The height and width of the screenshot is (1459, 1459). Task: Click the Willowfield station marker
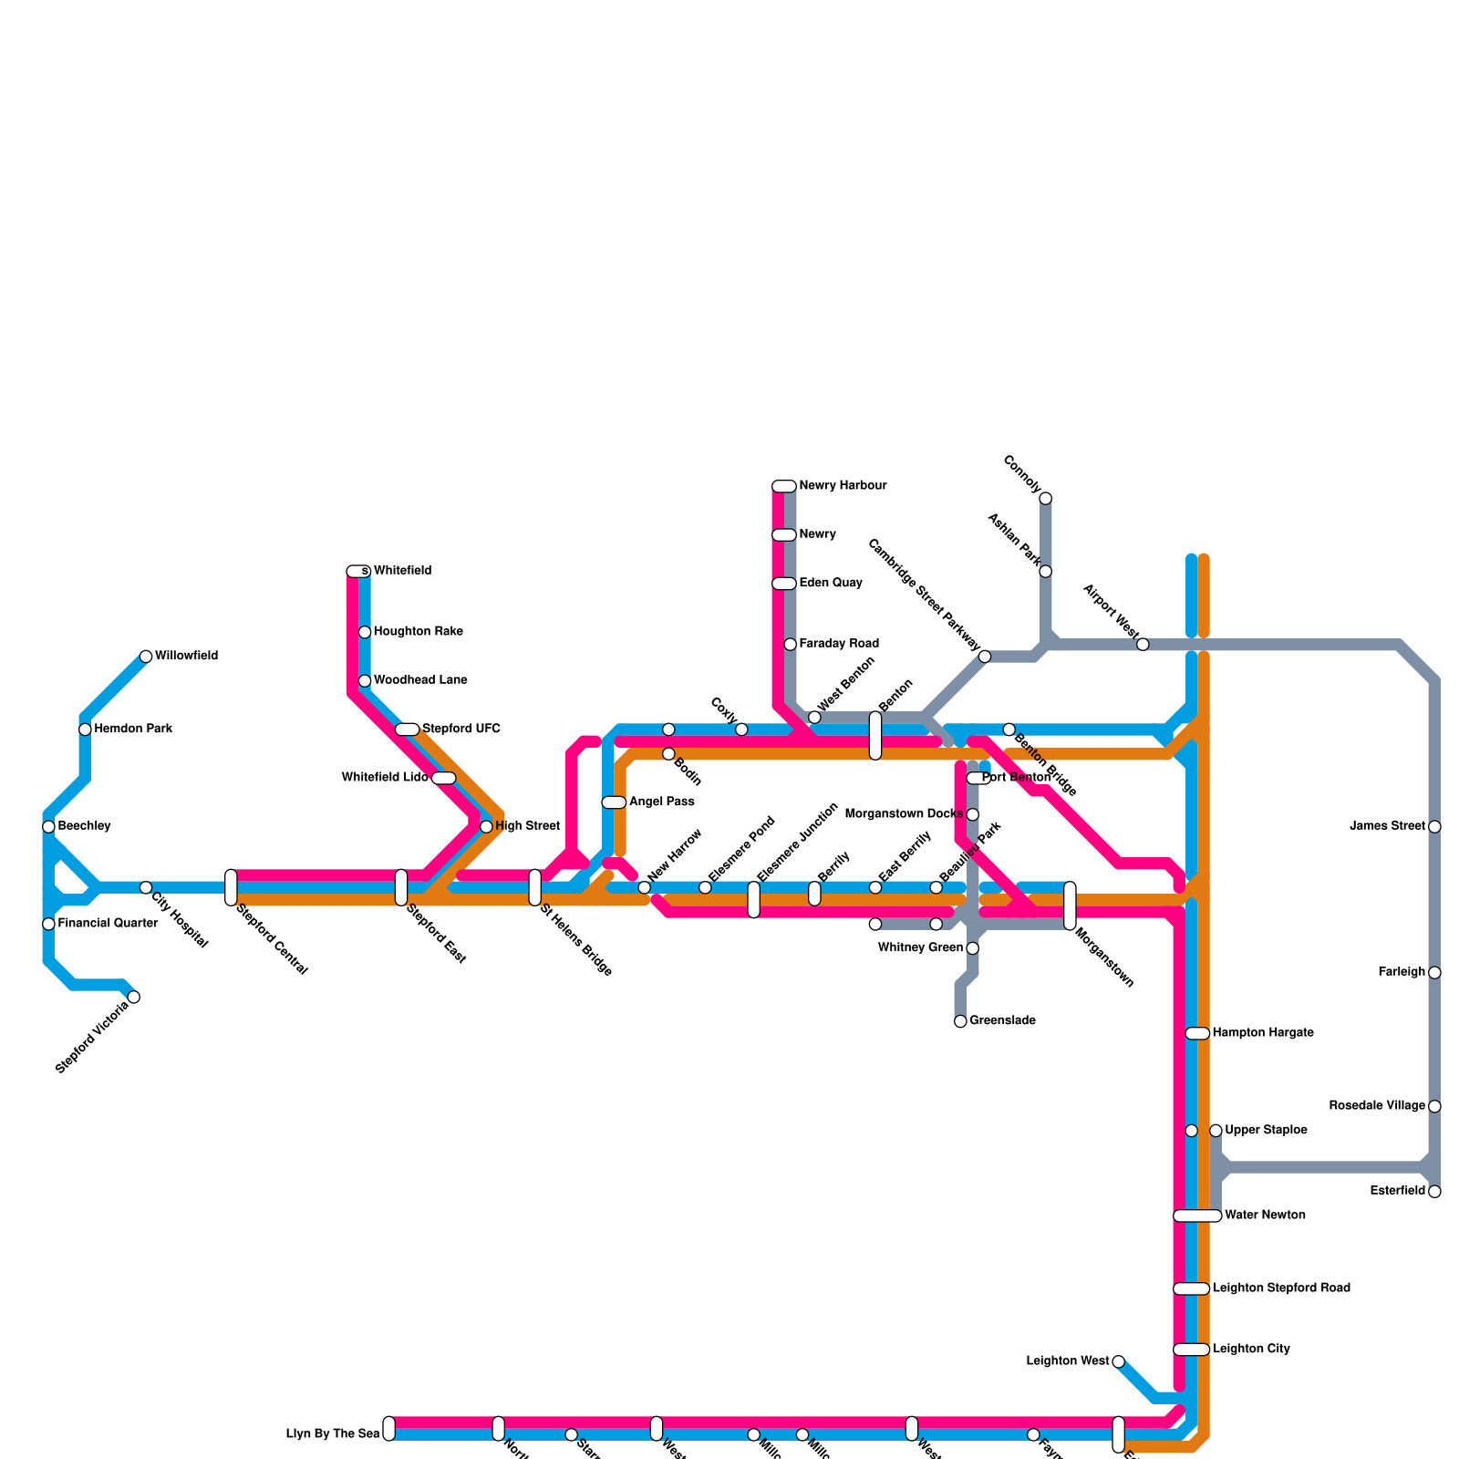tap(146, 657)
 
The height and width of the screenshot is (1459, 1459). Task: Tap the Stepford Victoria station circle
tap(134, 997)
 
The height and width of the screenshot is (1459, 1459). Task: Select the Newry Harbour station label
tap(843, 486)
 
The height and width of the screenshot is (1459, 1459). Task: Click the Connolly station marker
tap(1046, 498)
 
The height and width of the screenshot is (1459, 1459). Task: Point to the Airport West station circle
tap(1143, 645)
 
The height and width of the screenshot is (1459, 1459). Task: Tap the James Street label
tap(1387, 827)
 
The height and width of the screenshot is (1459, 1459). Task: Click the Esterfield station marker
tap(1434, 1192)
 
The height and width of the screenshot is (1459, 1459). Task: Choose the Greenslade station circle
tap(960, 1021)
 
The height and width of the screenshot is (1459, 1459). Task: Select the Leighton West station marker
tap(1119, 1361)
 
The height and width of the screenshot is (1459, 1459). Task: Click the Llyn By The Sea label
tap(333, 1434)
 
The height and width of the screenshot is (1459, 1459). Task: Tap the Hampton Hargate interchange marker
tap(1197, 1033)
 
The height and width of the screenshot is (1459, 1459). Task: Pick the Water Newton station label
tap(1265, 1216)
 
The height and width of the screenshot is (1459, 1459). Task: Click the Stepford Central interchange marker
tap(231, 887)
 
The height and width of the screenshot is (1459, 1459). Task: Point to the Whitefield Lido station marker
tap(443, 778)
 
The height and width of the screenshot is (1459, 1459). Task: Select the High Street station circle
tap(486, 827)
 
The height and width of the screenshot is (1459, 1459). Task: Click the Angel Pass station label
tap(662, 802)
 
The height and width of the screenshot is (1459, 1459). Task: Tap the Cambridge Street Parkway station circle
tap(985, 657)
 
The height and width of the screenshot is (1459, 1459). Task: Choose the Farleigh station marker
tap(1434, 973)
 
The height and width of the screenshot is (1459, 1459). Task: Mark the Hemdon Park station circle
tap(85, 729)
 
